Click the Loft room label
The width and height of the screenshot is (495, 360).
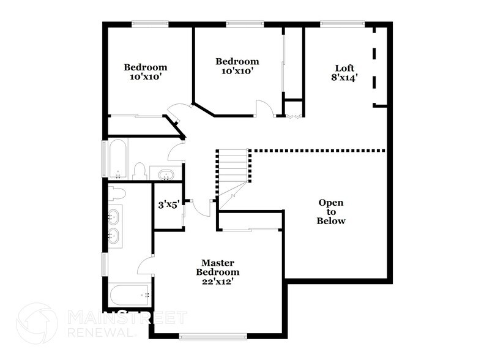(345, 67)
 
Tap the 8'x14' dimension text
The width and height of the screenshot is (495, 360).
(345, 78)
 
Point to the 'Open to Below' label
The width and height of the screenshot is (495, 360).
(330, 212)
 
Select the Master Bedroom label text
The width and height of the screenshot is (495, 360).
(217, 267)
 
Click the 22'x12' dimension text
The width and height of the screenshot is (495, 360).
(217, 282)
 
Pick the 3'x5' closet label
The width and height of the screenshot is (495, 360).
(167, 204)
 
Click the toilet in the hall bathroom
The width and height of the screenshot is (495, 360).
(140, 170)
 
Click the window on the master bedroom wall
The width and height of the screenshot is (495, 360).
(213, 335)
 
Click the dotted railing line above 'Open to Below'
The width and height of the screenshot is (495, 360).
(318, 150)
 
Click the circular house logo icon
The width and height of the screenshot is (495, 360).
(37, 323)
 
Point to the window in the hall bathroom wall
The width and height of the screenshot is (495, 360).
(104, 159)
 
